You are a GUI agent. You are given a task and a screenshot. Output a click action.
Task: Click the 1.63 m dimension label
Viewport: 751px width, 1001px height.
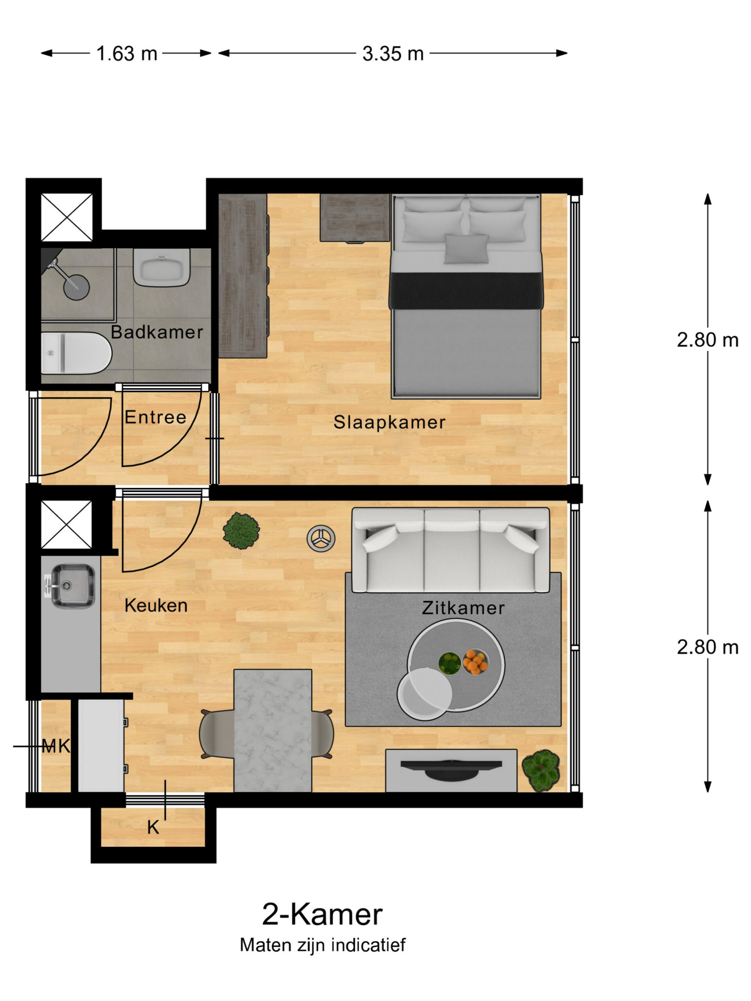126,54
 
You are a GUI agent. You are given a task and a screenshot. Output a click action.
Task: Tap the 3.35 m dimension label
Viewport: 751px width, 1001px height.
392,54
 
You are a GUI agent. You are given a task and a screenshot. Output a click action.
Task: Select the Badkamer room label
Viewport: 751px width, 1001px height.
156,332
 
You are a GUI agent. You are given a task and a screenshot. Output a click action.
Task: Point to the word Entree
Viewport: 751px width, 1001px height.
155,417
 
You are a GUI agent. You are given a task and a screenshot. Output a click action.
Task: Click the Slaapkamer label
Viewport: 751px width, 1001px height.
389,422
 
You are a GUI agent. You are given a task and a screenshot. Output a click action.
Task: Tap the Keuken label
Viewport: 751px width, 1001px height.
156,605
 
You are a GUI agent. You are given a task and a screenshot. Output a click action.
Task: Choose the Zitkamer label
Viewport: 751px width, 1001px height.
463,608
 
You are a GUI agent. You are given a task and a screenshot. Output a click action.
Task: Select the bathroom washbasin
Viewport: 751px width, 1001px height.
162,267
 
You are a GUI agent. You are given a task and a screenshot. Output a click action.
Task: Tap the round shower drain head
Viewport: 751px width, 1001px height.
76,287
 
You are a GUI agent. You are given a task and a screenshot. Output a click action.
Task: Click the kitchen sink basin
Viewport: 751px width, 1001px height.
72,586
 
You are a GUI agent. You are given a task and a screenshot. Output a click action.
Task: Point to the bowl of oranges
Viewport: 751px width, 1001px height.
475,662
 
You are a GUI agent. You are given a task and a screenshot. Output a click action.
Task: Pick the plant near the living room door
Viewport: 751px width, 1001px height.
241,530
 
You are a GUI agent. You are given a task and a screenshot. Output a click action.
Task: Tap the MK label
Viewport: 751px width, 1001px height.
56,746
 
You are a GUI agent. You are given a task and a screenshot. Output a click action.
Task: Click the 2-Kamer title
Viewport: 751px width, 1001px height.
322,915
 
